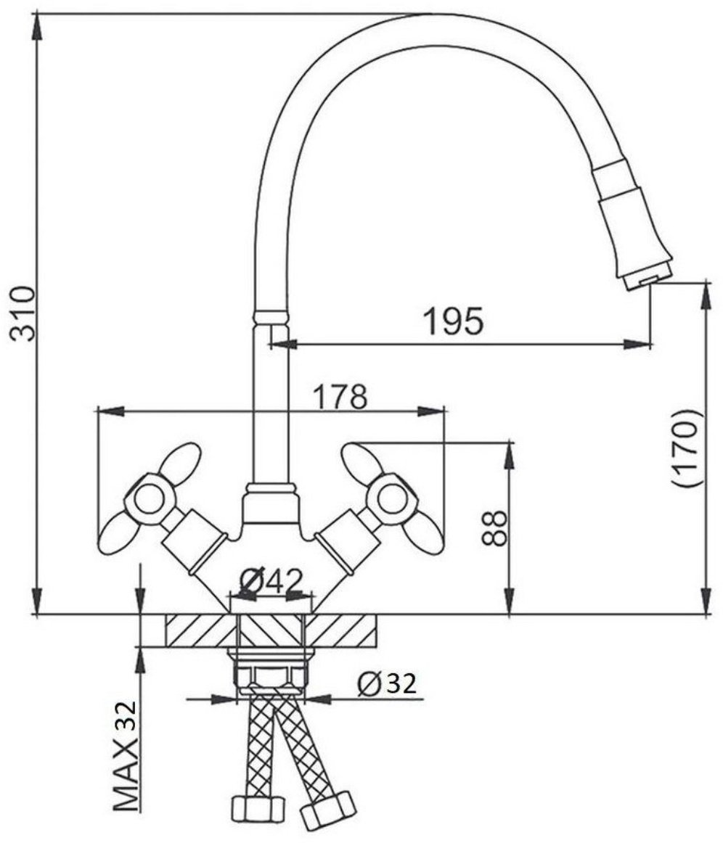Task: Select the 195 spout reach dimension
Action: pyautogui.click(x=454, y=321)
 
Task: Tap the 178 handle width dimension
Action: pyautogui.click(x=340, y=396)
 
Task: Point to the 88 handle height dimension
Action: pyautogui.click(x=494, y=528)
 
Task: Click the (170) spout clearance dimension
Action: pyautogui.click(x=687, y=448)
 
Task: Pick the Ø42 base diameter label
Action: pyautogui.click(x=271, y=581)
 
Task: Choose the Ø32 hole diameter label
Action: pyautogui.click(x=387, y=683)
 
